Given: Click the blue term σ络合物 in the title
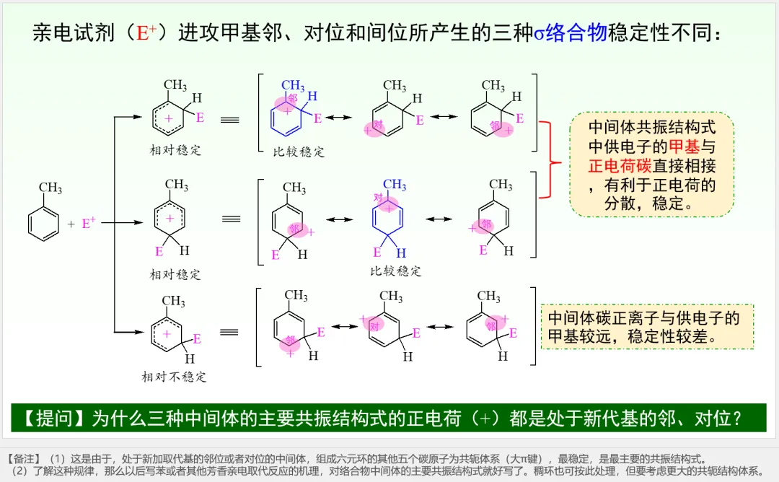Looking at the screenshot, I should tap(571, 33).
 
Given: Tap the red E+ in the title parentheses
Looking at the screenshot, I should tap(146, 33).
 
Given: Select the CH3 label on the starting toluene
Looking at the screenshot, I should tap(50, 189).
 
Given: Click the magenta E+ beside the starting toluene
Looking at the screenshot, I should tap(89, 224).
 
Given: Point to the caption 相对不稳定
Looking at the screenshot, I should tap(174, 376).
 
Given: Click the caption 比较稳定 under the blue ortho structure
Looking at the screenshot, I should tap(299, 152).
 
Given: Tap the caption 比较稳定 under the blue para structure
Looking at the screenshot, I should tap(395, 271).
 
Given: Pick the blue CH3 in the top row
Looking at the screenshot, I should tap(292, 87).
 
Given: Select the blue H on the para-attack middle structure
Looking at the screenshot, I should tap(402, 253).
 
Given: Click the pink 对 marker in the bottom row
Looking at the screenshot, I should tap(374, 325).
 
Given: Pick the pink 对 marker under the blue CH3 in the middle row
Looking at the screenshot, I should tap(378, 197).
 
